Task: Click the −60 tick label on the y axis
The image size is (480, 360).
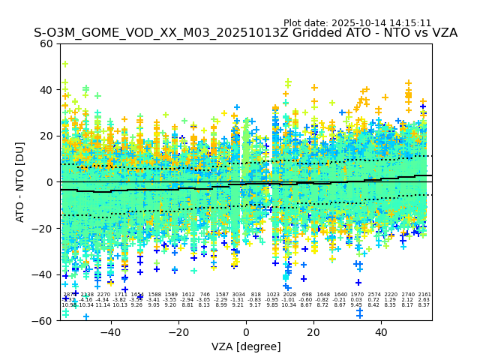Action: click(x=45, y=320)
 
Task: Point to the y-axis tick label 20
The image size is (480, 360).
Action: click(x=48, y=136)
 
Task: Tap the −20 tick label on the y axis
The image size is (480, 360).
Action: click(x=45, y=228)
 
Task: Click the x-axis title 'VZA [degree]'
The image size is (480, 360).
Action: click(x=246, y=346)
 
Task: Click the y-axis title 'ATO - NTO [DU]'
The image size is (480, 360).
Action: click(x=21, y=182)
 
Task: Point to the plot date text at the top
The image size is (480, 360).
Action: click(x=357, y=23)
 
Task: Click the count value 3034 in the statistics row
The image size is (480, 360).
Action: click(x=238, y=295)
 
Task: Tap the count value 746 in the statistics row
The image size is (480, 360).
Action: click(x=205, y=295)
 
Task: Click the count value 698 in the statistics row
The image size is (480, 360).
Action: click(x=306, y=295)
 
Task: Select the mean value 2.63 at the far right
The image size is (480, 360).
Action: click(x=424, y=300)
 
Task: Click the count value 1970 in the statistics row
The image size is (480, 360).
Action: click(x=356, y=295)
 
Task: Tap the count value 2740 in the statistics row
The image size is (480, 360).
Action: click(x=408, y=295)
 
